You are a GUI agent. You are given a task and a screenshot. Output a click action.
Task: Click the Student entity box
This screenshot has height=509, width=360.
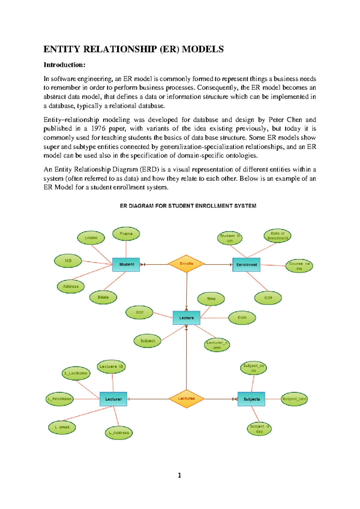pyautogui.click(x=126, y=264)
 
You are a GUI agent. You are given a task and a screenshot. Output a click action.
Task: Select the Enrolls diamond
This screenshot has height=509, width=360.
pyautogui.click(x=186, y=264)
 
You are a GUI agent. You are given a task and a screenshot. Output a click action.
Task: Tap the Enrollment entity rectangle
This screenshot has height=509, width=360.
pyautogui.click(x=246, y=265)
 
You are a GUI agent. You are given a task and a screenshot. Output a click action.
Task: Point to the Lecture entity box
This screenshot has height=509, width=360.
pyautogui.click(x=186, y=318)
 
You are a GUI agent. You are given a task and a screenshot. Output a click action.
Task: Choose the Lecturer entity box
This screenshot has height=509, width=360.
pyautogui.click(x=113, y=399)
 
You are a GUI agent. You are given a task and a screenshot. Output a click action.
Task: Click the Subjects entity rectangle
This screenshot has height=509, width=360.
pyautogui.click(x=251, y=399)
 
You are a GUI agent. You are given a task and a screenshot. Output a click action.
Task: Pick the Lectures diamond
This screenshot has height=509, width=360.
pyautogui.click(x=186, y=399)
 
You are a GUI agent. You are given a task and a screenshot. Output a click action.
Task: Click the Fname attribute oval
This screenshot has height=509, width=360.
pyautogui.click(x=126, y=234)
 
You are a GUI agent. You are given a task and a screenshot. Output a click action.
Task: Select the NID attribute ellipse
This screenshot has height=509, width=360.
pyautogui.click(x=68, y=261)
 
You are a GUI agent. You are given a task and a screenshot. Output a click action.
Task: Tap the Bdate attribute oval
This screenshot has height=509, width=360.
pyautogui.click(x=103, y=297)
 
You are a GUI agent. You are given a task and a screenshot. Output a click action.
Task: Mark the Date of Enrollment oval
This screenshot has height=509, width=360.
pyautogui.click(x=277, y=236)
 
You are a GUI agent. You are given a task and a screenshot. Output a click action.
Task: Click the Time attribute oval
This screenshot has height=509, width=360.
pyautogui.click(x=211, y=299)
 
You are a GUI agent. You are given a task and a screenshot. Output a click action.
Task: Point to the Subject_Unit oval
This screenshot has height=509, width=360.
pyautogui.click(x=294, y=399)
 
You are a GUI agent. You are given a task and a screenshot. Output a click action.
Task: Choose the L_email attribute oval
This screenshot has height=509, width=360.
pyautogui.click(x=62, y=427)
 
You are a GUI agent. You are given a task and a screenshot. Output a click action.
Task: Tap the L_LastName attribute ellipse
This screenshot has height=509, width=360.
pyautogui.click(x=76, y=373)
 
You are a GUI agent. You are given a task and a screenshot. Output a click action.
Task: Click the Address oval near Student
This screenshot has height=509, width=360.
pyautogui.click(x=71, y=286)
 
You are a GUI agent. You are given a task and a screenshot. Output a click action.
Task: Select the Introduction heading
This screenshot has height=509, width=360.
pyautogui.click(x=64, y=65)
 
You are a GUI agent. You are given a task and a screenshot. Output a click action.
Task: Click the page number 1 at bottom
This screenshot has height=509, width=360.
pyautogui.click(x=179, y=475)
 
